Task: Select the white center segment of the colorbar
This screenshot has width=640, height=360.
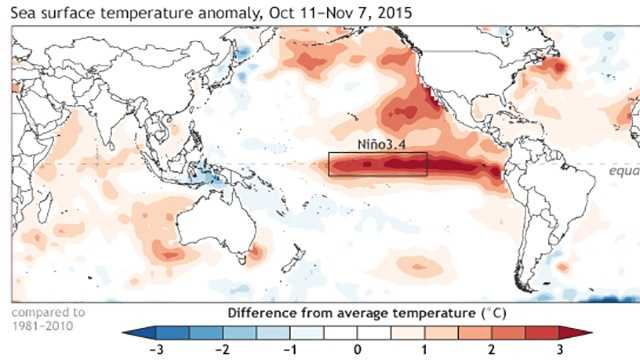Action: click(x=357, y=331)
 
